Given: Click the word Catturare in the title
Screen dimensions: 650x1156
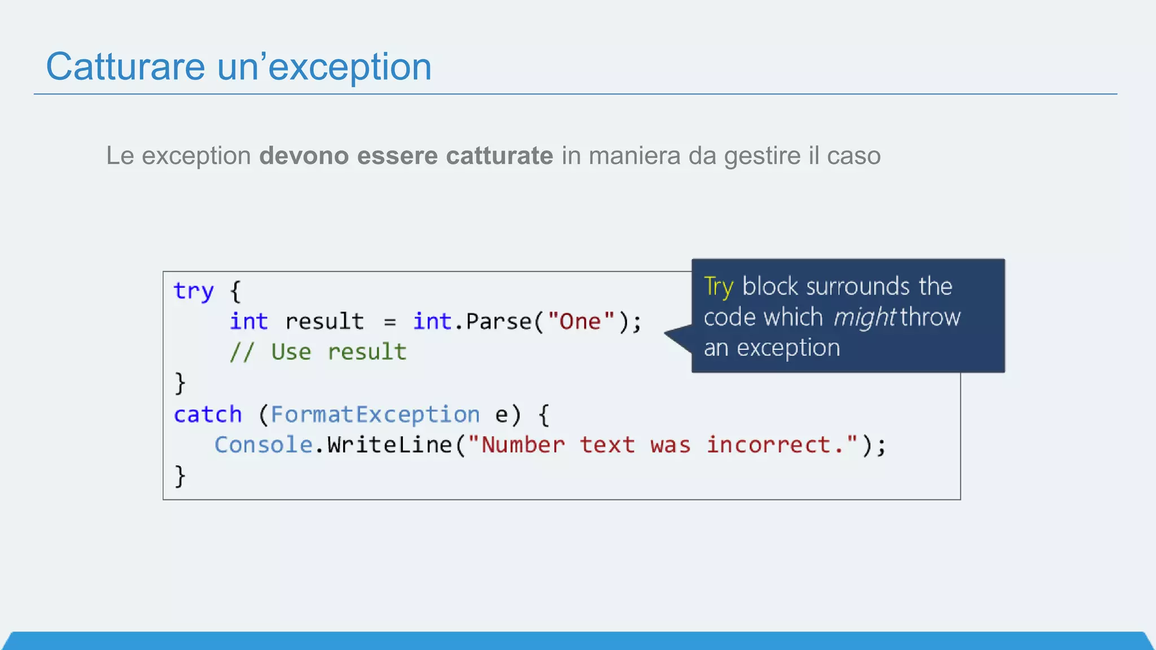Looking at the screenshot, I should click(x=125, y=67).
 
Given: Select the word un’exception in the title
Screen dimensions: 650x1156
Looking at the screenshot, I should click(x=324, y=67).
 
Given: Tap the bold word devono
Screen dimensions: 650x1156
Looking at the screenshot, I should click(x=304, y=156).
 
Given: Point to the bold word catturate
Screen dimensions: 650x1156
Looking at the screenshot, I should click(x=499, y=156).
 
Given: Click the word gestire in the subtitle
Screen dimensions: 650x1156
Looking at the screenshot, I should click(x=762, y=156).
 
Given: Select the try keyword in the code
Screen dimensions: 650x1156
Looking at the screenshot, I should click(x=194, y=292).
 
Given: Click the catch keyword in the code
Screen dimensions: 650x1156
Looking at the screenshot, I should click(x=208, y=415).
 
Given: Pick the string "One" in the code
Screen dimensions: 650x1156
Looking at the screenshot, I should click(x=581, y=322).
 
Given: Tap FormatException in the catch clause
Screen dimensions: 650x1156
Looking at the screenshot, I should click(x=375, y=415).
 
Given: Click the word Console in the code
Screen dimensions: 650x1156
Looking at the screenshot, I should click(x=263, y=445).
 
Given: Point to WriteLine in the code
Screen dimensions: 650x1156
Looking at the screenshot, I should click(x=389, y=445).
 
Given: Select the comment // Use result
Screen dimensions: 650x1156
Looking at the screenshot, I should click(x=318, y=352).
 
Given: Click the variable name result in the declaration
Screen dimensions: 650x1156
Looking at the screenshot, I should click(x=325, y=322).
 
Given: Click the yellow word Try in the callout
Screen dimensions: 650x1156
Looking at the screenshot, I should click(x=719, y=287).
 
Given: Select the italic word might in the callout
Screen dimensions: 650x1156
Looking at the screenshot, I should click(x=864, y=318).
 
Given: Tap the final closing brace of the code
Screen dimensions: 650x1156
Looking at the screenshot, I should click(x=180, y=476).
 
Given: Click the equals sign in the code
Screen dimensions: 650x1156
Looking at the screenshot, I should click(x=389, y=322).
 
